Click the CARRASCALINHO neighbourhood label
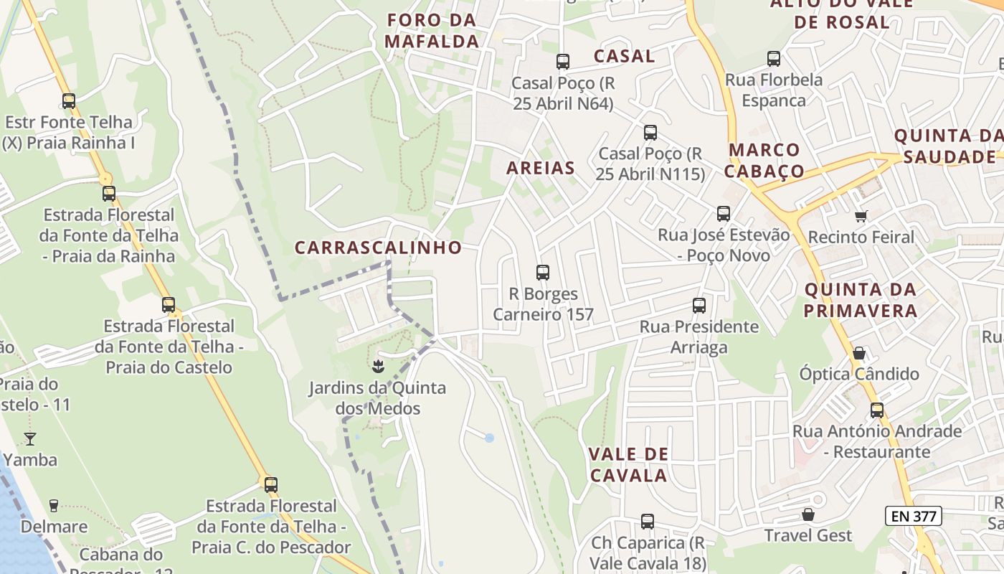tap(379, 248)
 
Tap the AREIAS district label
tap(541, 168)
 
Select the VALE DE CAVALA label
tap(628, 464)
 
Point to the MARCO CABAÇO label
tap(764, 160)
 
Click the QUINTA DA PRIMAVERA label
tap(860, 300)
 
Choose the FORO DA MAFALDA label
tap(432, 30)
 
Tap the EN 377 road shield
tap(913, 515)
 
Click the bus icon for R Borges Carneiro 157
tap(543, 273)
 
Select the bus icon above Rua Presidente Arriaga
tap(699, 306)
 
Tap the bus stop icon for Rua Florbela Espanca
tap(774, 59)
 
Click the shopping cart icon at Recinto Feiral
tap(861, 216)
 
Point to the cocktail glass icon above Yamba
tap(30, 438)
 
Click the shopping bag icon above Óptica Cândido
tap(858, 353)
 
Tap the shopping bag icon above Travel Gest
tap(808, 514)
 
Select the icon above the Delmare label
tap(53, 506)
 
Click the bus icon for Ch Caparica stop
tap(648, 522)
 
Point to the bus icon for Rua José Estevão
tap(724, 214)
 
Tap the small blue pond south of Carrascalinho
tap(489, 437)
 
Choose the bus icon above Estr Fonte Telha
tap(69, 101)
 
